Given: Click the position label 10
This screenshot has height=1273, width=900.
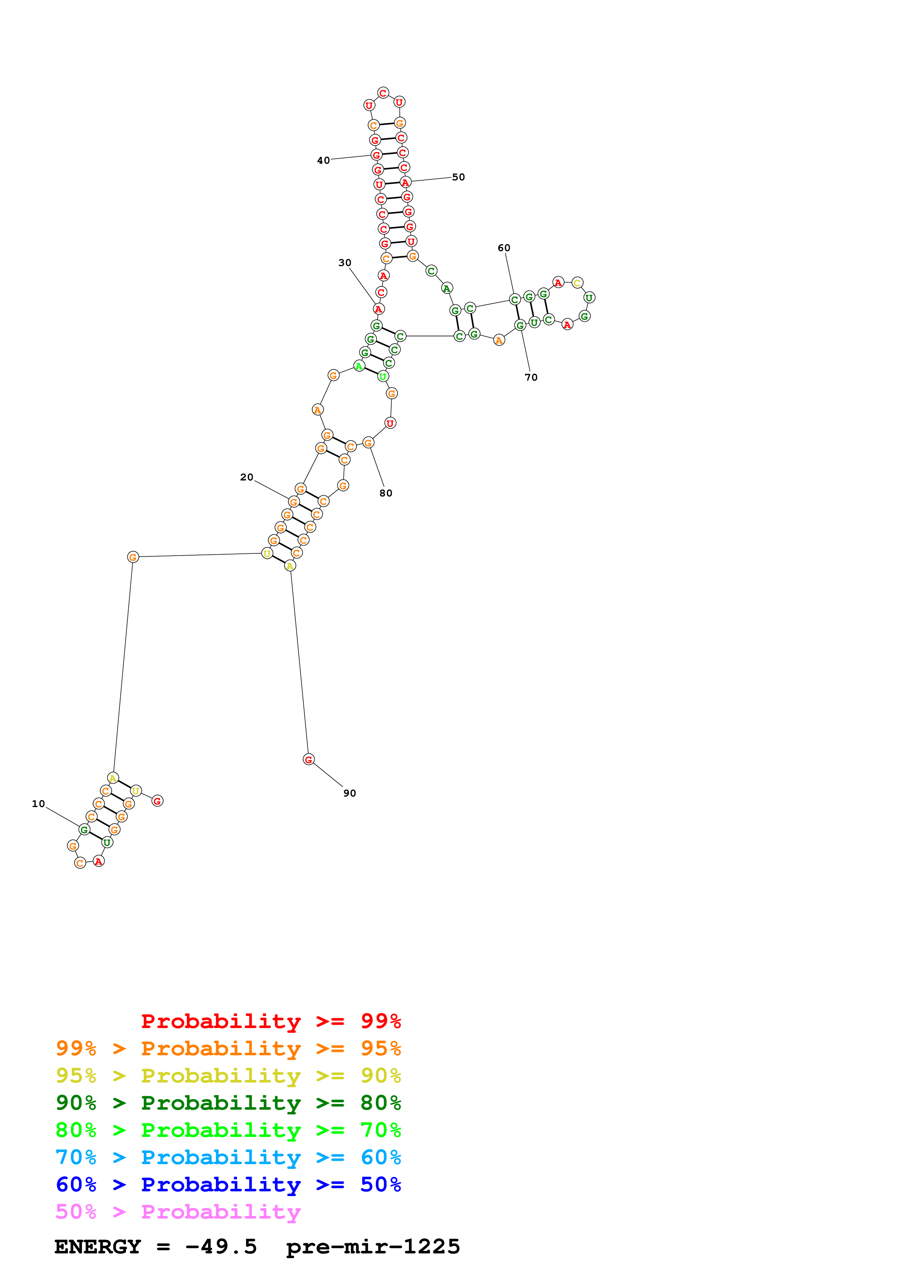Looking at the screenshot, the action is point(38,803).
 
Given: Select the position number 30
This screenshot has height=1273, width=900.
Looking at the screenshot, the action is point(345,262).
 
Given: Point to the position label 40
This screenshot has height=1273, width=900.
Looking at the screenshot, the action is point(323,160).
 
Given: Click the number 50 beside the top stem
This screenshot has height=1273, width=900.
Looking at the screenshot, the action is point(459,177).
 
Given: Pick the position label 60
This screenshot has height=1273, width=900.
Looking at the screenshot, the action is point(504,248).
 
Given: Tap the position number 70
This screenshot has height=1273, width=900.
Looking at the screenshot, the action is point(531,377).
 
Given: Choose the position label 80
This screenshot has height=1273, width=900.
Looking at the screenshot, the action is point(386,493).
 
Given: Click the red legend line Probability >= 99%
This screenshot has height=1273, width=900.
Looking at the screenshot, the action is point(270,1021).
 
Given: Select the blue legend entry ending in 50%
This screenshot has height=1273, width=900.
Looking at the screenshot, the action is point(228,1184).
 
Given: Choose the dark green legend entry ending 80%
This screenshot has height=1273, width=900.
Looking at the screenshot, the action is point(228,1103).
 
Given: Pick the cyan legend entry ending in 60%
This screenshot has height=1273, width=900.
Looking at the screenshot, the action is point(228,1157).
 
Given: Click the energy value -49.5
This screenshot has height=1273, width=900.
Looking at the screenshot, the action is point(221,1247).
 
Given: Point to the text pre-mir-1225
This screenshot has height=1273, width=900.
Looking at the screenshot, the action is point(372,1247).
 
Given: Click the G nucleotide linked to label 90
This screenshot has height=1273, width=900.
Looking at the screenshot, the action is point(309,759).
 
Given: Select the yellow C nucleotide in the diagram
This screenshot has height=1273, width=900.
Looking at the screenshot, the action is point(577,283).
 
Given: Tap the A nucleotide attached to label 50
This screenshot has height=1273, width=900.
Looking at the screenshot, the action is point(406,183).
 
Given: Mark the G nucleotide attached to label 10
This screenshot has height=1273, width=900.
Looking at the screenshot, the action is point(84,830).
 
